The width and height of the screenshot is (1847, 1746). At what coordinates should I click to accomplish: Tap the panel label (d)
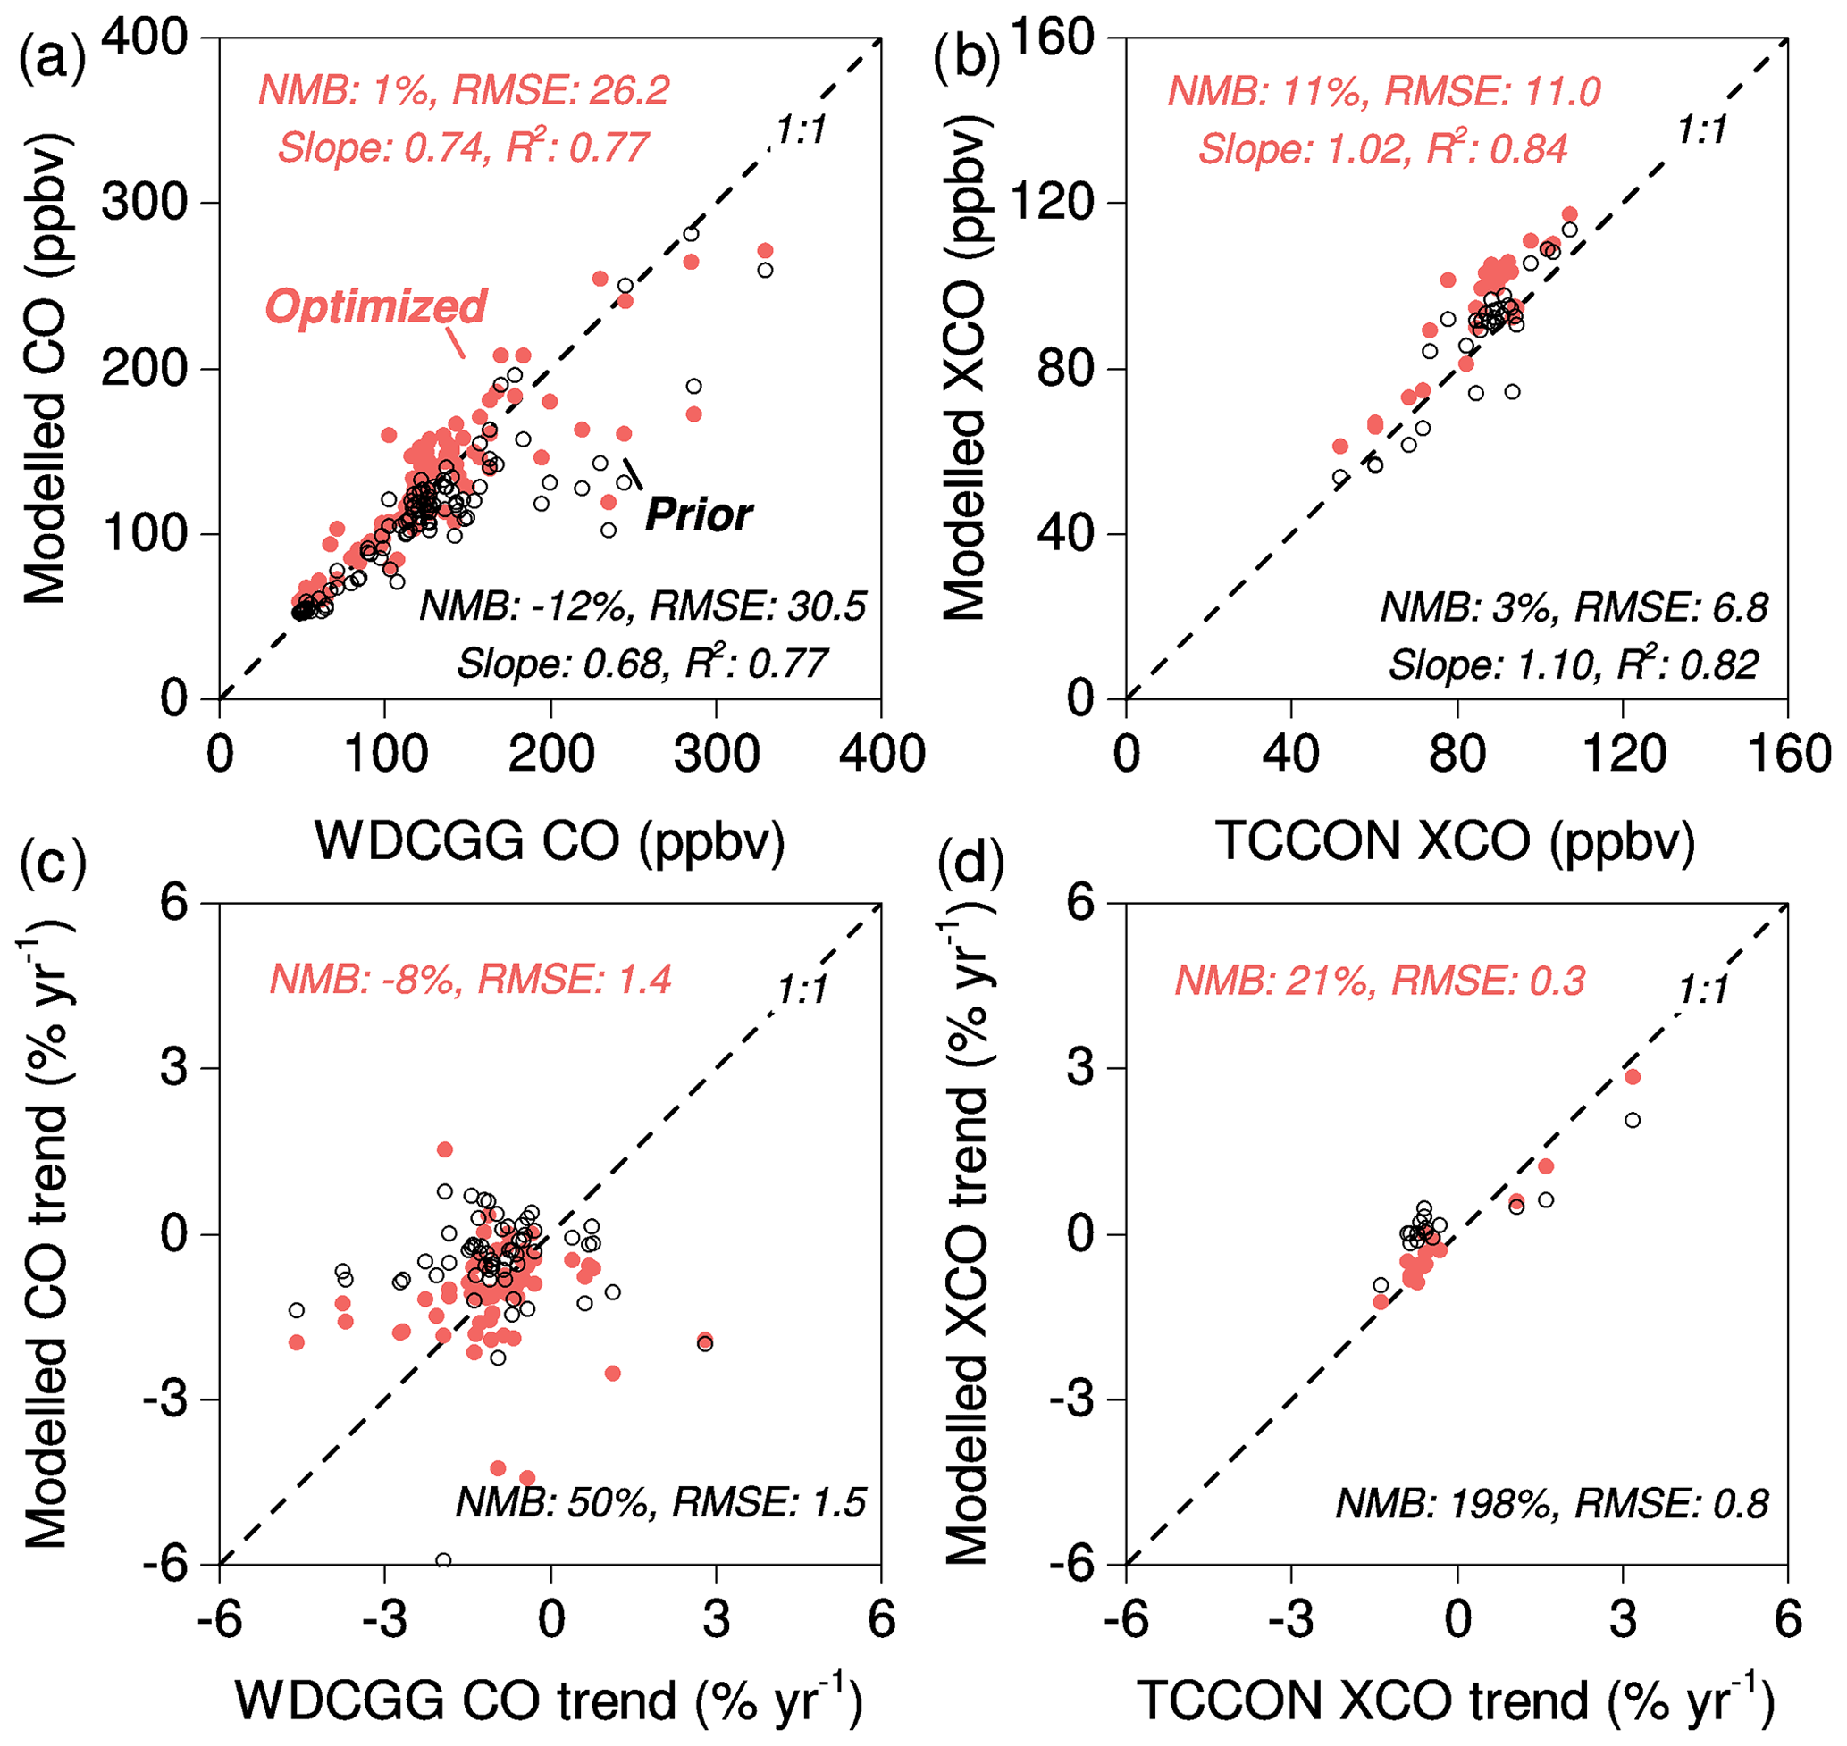(971, 863)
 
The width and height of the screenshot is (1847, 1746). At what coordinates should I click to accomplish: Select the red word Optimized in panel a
(375, 306)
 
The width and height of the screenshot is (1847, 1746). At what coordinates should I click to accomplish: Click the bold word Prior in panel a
(698, 514)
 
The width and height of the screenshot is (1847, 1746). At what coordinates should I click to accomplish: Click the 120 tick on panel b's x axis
(1623, 754)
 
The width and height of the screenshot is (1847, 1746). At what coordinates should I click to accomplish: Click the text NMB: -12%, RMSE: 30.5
(642, 606)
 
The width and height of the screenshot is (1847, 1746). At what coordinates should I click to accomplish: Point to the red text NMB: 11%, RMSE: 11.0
(1384, 91)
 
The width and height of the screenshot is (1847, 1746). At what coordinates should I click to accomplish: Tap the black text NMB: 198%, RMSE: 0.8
(1552, 1504)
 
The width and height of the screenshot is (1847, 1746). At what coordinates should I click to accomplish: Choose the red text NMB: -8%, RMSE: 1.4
(470, 980)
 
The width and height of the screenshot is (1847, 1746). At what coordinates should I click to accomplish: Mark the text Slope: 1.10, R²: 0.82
(1574, 664)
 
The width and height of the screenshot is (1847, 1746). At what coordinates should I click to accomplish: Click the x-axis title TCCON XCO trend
(1454, 1701)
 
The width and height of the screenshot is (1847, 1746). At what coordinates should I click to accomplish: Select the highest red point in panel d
(1632, 1077)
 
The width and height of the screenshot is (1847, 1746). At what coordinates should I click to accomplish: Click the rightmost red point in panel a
(765, 250)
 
